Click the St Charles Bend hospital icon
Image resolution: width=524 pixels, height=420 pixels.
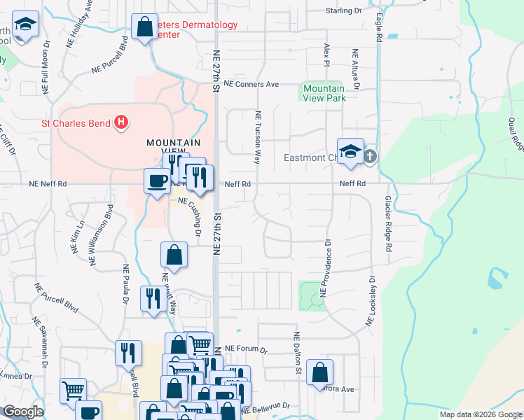click(x=121, y=123)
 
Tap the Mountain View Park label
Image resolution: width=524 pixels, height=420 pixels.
click(x=324, y=93)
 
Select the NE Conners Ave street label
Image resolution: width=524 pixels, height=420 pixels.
click(x=251, y=84)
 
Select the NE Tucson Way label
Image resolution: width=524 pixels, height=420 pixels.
click(x=258, y=137)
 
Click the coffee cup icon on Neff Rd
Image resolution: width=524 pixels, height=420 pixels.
click(x=156, y=181)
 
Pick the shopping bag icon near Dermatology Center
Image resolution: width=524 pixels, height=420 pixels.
click(x=144, y=28)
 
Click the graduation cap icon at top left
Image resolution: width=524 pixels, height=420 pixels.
click(x=27, y=27)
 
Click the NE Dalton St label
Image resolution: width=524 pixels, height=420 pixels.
click(x=297, y=352)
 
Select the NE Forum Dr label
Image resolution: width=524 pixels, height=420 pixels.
click(x=246, y=349)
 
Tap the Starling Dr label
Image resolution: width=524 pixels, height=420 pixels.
click(x=343, y=10)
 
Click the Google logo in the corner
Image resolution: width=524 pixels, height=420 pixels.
click(x=23, y=412)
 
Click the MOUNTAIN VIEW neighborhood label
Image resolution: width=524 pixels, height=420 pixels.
click(x=168, y=147)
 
